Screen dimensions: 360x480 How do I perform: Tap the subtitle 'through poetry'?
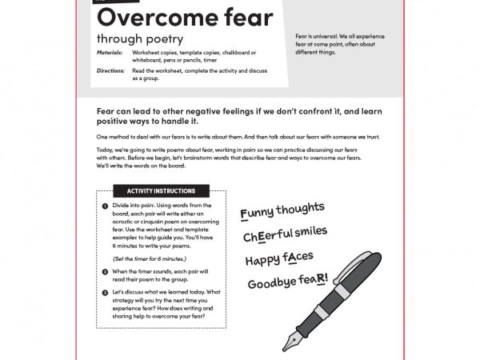coord(140,38)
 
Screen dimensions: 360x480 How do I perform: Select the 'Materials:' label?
coord(110,53)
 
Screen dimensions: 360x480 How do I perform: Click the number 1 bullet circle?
coord(106,206)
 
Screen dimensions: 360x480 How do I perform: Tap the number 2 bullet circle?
coord(106,272)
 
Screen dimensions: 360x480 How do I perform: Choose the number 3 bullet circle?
coord(106,294)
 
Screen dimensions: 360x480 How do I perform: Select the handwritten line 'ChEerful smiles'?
coord(286,234)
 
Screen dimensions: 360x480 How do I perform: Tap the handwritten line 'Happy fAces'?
coord(279,258)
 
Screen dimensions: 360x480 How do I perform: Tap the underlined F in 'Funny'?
coord(245,214)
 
